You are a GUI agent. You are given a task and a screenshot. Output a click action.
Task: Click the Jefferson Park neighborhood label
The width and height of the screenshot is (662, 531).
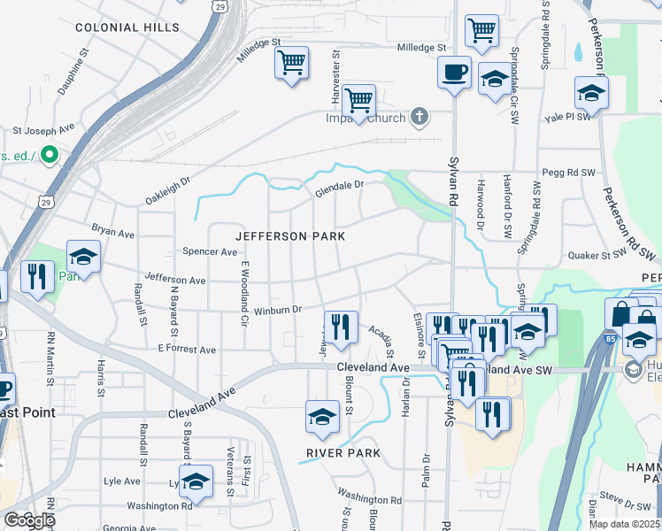pos(289,236)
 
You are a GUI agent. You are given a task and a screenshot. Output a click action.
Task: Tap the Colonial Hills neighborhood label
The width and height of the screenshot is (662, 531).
pos(120,27)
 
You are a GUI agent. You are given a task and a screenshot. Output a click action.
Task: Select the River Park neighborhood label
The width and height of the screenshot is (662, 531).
pos(343,453)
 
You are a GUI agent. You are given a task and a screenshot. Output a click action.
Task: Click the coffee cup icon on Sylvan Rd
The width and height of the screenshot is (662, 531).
pos(454,71)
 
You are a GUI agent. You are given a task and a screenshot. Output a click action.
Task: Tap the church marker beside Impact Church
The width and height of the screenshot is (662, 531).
pos(420,118)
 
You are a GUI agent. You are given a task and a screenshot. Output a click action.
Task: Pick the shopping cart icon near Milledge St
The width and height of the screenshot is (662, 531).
pos(291,63)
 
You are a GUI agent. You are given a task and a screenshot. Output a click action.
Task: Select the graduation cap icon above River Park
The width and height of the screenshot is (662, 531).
pos(322,416)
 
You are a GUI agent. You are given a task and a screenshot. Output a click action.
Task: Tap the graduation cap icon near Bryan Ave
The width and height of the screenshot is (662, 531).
pos(84,258)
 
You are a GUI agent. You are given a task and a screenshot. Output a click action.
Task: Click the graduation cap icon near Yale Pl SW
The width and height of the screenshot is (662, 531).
pos(591,92)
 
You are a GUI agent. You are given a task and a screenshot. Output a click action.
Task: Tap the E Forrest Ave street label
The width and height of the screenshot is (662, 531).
pos(187,350)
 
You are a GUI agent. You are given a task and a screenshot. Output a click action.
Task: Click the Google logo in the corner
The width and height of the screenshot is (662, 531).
pos(28,520)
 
